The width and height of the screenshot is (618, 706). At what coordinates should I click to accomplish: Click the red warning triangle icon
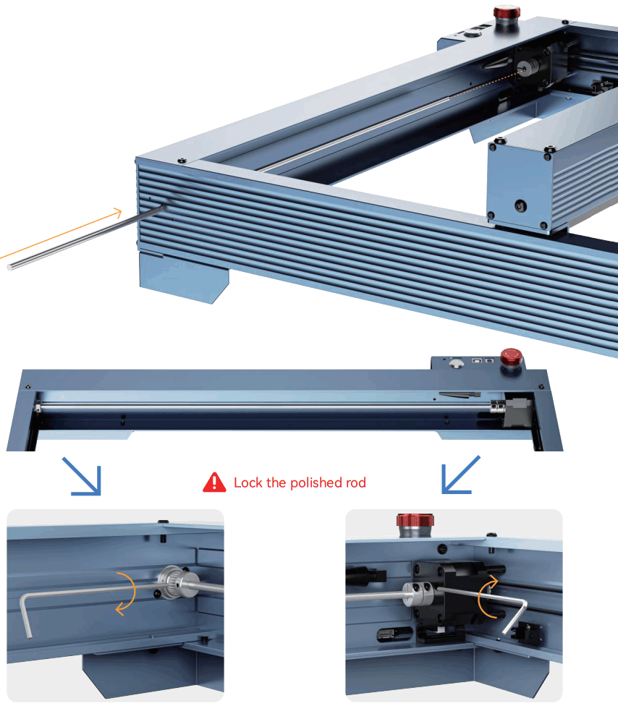tap(214, 482)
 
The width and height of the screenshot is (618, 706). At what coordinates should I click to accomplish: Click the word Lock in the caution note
tap(247, 482)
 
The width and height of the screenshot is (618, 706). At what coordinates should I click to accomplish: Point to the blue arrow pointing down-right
tap(81, 476)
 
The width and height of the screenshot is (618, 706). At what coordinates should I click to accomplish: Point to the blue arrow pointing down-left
tap(460, 475)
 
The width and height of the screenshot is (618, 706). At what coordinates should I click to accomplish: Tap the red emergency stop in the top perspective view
tap(504, 12)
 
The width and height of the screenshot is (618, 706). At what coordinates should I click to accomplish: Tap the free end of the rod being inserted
tap(11, 266)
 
